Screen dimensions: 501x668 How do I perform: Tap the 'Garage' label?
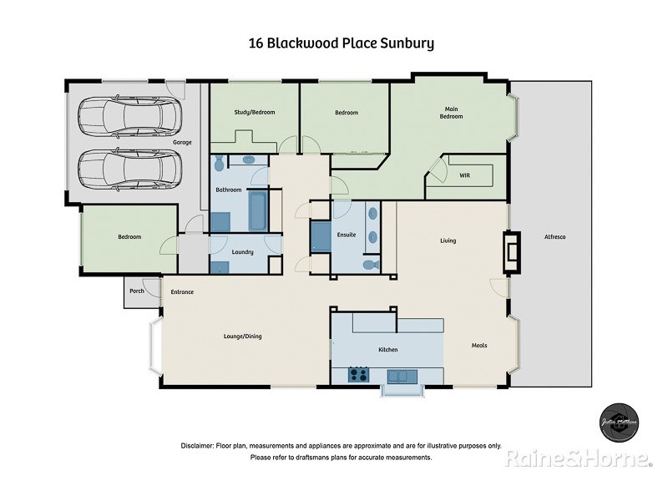pyautogui.click(x=182, y=143)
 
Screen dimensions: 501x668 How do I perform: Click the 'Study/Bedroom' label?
pyautogui.click(x=255, y=113)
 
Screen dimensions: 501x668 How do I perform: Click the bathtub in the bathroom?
pyautogui.click(x=259, y=211)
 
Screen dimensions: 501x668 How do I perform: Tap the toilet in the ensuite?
pyautogui.click(x=368, y=265)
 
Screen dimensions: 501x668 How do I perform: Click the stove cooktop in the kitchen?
pyautogui.click(x=358, y=375)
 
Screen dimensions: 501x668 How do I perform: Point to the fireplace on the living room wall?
pyautogui.click(x=510, y=252)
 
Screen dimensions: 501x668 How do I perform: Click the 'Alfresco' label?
pyautogui.click(x=554, y=238)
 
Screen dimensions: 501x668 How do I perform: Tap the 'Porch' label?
pyautogui.click(x=136, y=291)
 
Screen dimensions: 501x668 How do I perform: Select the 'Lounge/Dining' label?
pyautogui.click(x=243, y=337)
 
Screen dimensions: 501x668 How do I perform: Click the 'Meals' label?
pyautogui.click(x=479, y=346)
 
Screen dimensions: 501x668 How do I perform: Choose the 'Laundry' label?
pyautogui.click(x=244, y=251)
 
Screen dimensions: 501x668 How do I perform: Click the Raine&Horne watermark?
pyautogui.click(x=577, y=458)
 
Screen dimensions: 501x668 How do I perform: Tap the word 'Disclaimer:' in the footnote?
pyautogui.click(x=197, y=446)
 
